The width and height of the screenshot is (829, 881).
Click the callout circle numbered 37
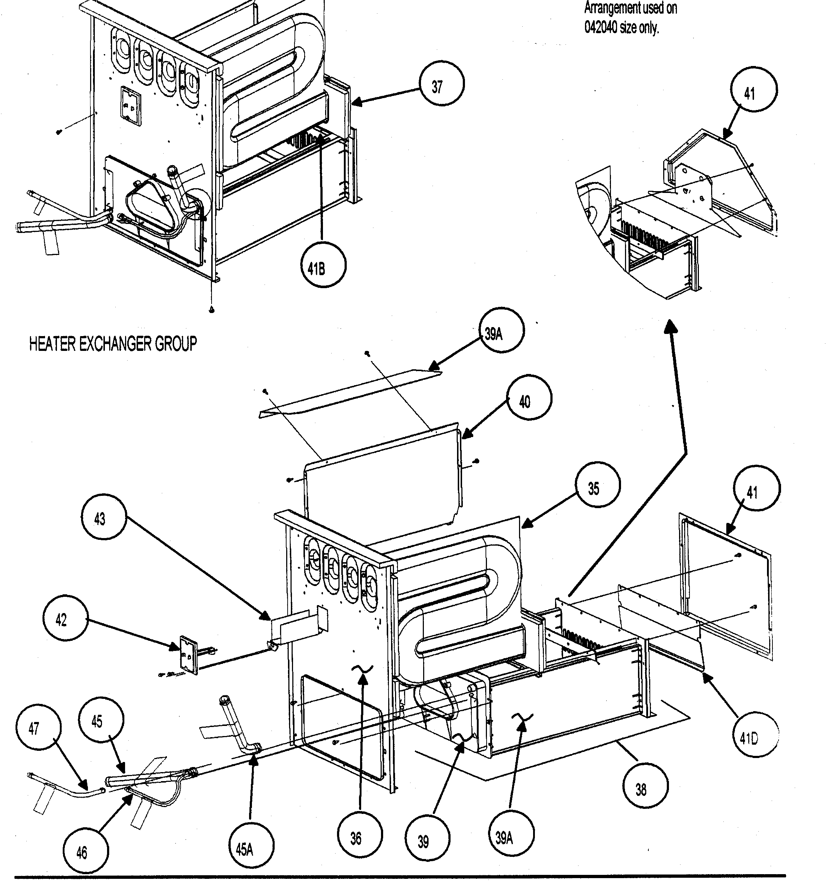click(x=442, y=84)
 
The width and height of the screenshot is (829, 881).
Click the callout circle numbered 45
click(x=101, y=721)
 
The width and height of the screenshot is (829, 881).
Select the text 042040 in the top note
click(x=600, y=27)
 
